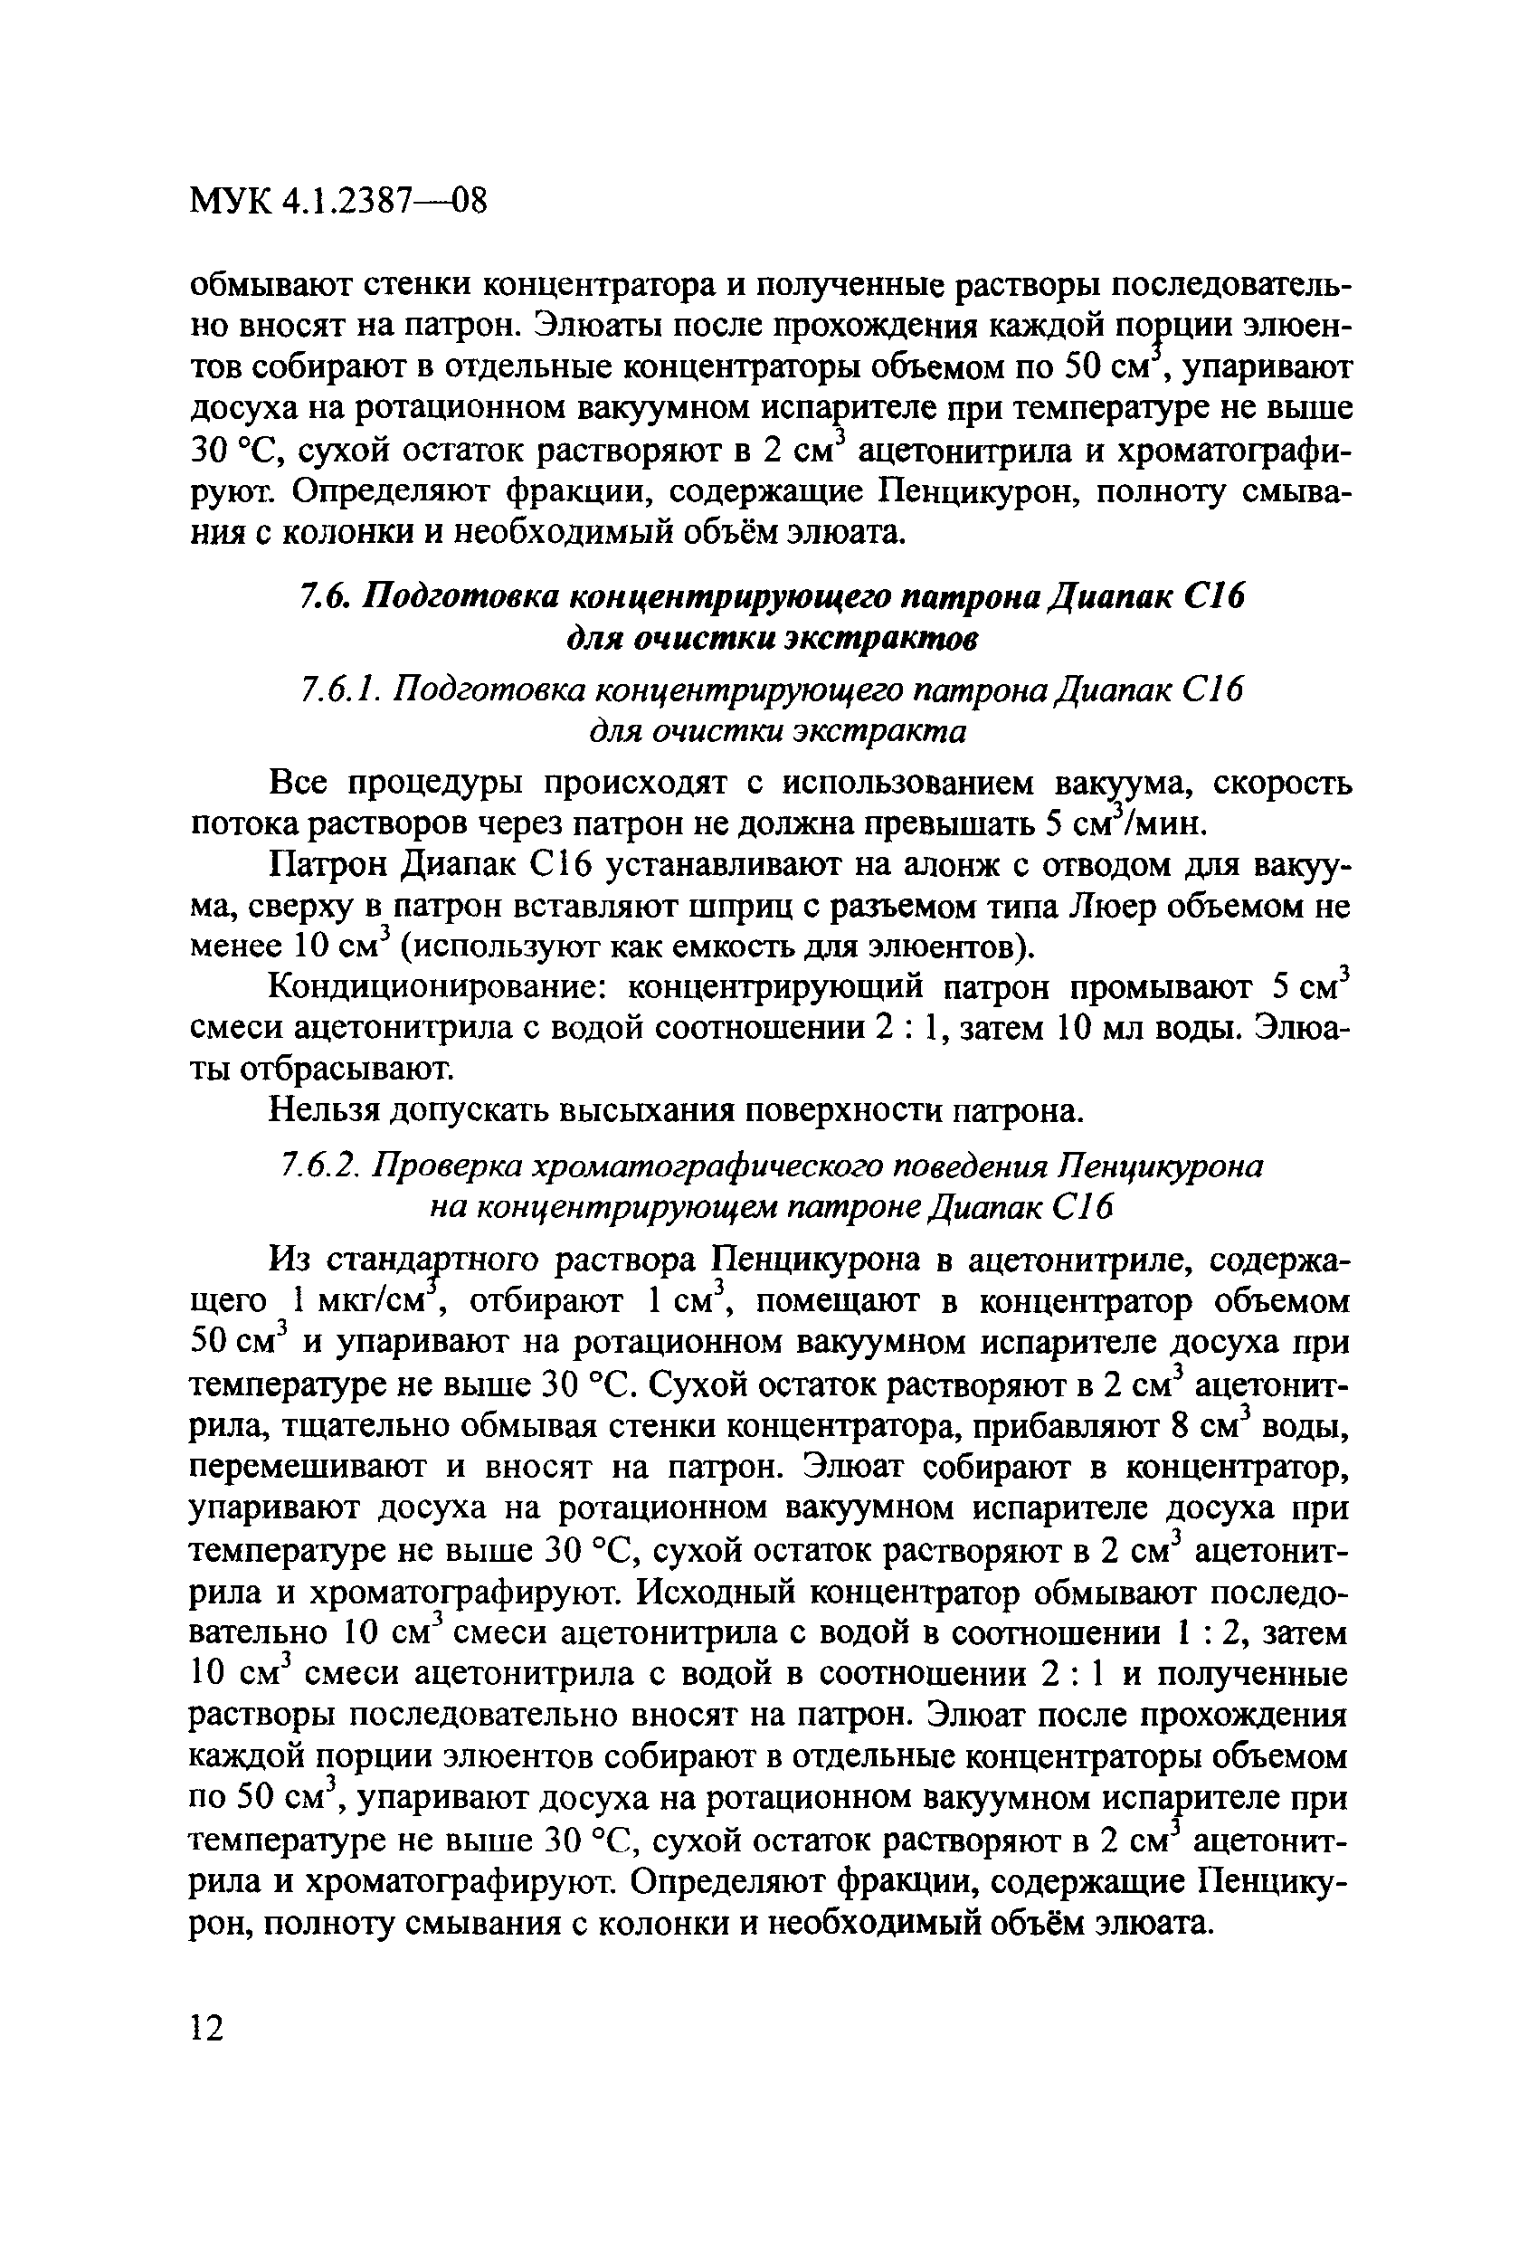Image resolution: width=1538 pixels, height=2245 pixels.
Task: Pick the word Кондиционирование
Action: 439,987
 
